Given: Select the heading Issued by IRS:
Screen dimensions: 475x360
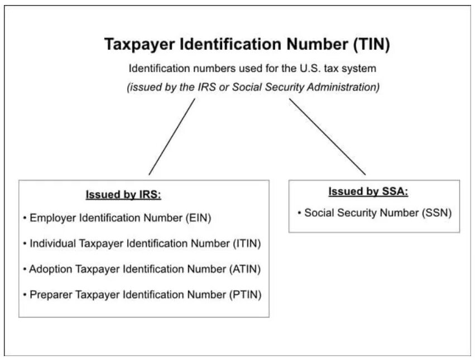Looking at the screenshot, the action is coord(123,195).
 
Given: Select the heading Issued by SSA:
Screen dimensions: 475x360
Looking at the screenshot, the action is coord(368,192).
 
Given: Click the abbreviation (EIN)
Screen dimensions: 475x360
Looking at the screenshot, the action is coord(198,218).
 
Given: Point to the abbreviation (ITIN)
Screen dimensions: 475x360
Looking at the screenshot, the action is coord(246,243).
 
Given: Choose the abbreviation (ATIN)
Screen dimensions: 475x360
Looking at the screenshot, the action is coord(245,269).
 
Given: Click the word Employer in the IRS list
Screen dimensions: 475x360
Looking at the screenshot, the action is coord(52,218).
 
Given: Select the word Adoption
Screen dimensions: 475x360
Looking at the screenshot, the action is coord(50,269).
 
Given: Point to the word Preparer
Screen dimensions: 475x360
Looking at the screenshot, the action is coord(50,294).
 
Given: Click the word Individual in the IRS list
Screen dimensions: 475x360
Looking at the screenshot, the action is coord(54,243).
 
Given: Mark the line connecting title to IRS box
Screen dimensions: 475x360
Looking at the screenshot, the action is coord(172,137).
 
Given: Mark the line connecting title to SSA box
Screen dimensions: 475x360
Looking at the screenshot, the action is coord(327,137).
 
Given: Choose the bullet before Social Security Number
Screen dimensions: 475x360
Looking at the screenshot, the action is coord(300,213).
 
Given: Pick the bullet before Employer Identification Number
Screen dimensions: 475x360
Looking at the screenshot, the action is coord(25,218).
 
